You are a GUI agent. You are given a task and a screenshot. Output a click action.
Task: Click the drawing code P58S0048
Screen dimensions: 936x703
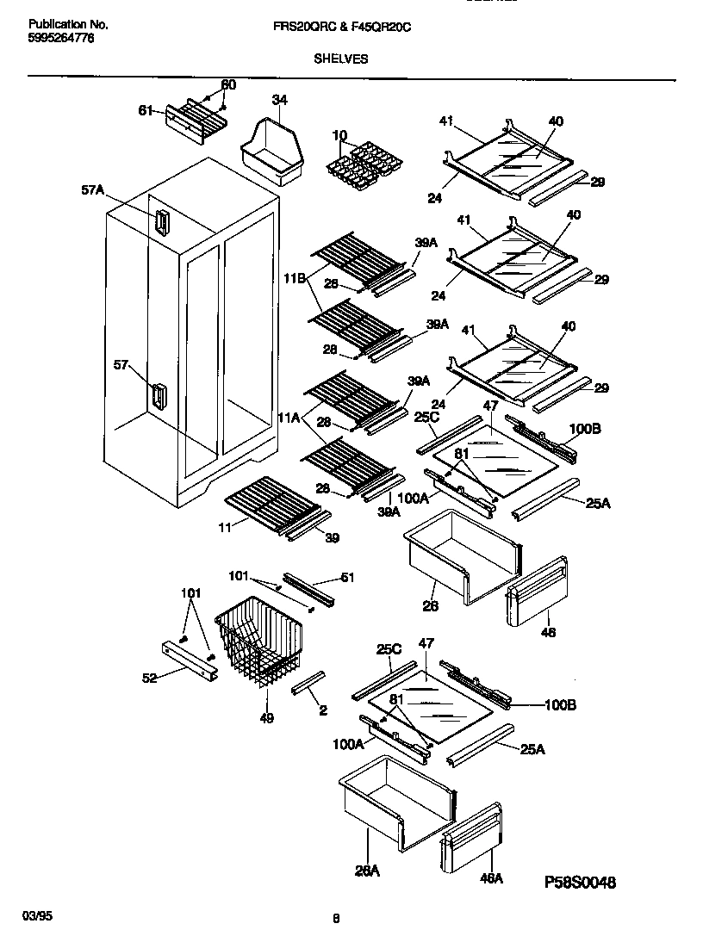pyautogui.click(x=581, y=883)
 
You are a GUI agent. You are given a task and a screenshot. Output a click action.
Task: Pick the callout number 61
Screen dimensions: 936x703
pyautogui.click(x=146, y=109)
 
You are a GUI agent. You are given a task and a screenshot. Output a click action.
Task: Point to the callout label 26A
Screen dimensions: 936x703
pyautogui.click(x=367, y=871)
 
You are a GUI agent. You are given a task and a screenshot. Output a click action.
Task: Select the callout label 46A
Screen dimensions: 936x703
pyautogui.click(x=490, y=879)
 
